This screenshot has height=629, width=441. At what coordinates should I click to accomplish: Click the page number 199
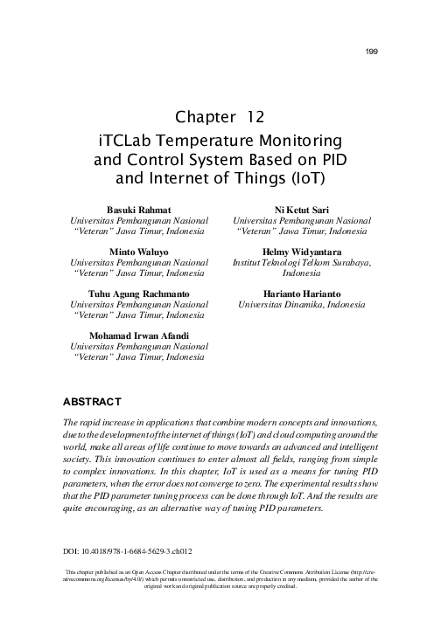[371, 52]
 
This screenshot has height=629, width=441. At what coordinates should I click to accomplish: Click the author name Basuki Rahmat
[137, 211]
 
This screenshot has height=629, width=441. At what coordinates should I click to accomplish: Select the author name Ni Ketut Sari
[301, 211]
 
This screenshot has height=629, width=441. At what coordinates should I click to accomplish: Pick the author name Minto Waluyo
[137, 252]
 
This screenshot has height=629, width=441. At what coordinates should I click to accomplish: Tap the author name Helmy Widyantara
[301, 252]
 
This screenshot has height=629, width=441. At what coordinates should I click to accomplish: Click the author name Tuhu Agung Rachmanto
[137, 293]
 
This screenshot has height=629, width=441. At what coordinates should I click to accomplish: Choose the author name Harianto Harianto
[301, 293]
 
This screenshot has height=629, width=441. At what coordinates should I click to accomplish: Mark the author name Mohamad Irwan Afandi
[137, 335]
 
